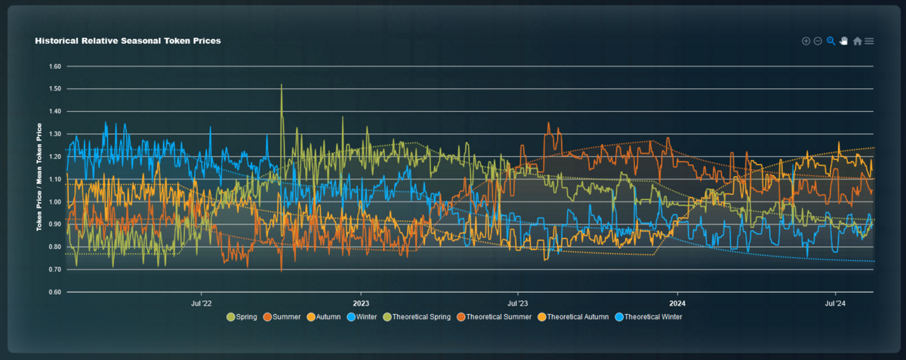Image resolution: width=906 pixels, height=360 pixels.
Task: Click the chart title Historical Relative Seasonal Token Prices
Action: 128,41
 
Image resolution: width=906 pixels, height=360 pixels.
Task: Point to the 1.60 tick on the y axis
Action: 54,66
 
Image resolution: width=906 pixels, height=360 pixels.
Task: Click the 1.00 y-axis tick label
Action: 54,202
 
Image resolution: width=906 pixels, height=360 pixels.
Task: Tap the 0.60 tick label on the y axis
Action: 54,293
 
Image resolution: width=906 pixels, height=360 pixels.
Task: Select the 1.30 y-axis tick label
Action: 54,134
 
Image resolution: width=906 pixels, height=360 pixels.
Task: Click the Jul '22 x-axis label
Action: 202,303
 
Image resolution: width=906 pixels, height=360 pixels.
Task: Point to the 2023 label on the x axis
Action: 360,303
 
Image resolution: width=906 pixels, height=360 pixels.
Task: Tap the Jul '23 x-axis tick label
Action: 518,303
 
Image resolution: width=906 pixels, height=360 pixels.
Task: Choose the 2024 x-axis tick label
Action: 677,303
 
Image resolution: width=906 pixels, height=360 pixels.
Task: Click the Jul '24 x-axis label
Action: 835,303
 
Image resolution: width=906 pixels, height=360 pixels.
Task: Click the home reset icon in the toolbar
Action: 857,41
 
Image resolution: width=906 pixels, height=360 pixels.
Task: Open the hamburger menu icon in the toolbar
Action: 870,41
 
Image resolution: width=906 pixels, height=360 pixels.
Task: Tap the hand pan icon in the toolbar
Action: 844,41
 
